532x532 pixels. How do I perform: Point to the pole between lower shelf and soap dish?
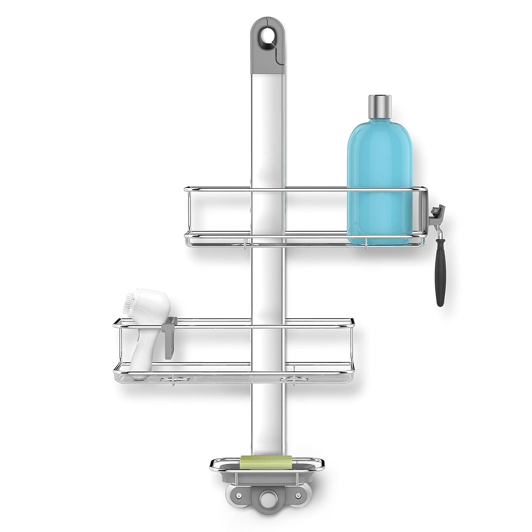point(267,415)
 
